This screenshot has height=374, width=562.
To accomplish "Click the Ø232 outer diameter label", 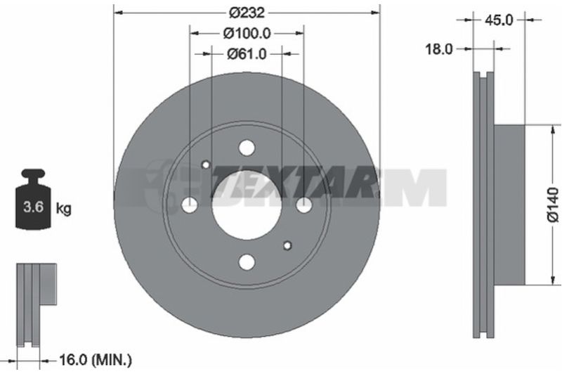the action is [x=247, y=13].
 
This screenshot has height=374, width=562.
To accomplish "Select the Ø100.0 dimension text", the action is [x=247, y=34].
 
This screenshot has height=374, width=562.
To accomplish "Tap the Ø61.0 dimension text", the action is [x=247, y=54].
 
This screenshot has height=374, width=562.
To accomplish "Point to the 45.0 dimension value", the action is [x=499, y=20].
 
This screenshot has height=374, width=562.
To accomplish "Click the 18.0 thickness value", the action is [x=439, y=49].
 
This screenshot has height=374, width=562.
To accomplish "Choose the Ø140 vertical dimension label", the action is [x=554, y=205].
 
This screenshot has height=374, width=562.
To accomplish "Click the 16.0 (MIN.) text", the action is [x=95, y=360].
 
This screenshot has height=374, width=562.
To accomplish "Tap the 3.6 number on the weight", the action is [x=33, y=207].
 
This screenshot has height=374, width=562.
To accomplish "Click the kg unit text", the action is [x=64, y=208].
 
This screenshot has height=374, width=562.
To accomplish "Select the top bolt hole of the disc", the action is [x=247, y=148].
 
